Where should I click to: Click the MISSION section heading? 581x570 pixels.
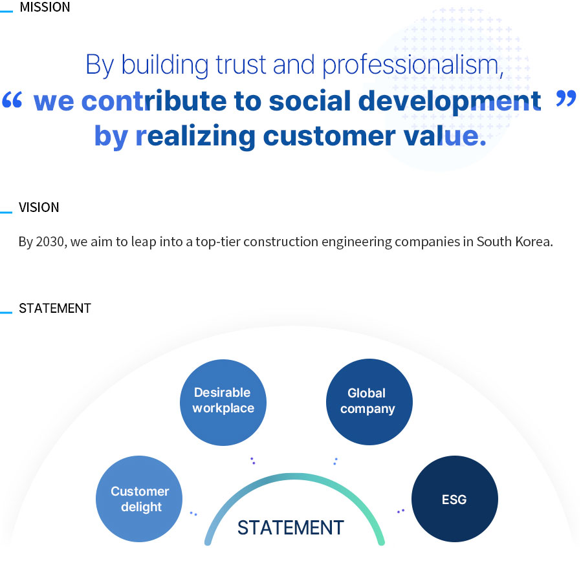45,7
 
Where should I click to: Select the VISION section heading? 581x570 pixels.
39,207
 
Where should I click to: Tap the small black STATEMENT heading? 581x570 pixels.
55,308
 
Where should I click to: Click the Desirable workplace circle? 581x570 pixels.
223,403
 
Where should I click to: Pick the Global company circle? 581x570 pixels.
369,402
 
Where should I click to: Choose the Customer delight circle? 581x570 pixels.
139,499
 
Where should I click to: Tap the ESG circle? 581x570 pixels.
455,499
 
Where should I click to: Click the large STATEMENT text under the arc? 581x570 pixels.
290,527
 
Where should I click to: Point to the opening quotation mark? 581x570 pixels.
12,100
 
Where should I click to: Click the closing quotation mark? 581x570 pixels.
566,98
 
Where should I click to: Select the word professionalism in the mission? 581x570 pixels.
413,65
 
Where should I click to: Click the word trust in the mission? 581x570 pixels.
241,65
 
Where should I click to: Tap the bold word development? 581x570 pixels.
450,102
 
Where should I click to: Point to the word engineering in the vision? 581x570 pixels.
356,242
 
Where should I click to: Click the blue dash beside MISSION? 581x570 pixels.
6,12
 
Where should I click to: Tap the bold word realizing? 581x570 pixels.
195,136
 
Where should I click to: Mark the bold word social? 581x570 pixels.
309,101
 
